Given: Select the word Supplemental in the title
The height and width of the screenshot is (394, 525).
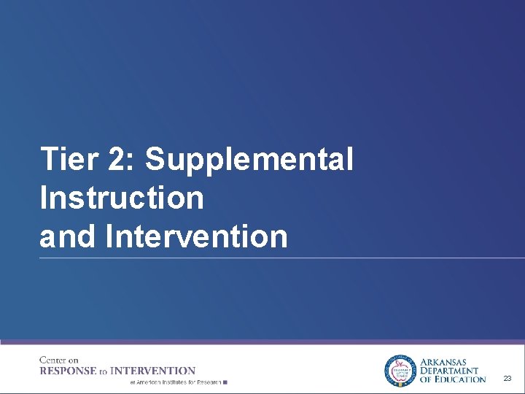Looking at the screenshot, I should pyautogui.click(x=249, y=159).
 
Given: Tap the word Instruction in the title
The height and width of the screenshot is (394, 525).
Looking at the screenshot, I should pyautogui.click(x=122, y=198).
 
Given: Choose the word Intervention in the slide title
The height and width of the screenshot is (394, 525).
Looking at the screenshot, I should pyautogui.click(x=197, y=236).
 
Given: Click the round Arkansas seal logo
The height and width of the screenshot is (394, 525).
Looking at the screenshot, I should pyautogui.click(x=399, y=371).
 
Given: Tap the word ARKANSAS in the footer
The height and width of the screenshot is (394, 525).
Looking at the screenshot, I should pyautogui.click(x=444, y=362).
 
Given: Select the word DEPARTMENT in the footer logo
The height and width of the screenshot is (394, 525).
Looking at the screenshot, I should pyautogui.click(x=449, y=371).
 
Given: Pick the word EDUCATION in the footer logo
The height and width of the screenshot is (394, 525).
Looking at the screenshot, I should pyautogui.click(x=459, y=379).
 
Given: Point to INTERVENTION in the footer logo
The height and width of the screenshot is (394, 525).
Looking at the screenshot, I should pyautogui.click(x=152, y=371).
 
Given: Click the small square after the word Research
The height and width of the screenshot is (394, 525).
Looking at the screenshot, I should pyautogui.click(x=225, y=382).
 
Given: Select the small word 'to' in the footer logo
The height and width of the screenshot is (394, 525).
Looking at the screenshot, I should pyautogui.click(x=104, y=371).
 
